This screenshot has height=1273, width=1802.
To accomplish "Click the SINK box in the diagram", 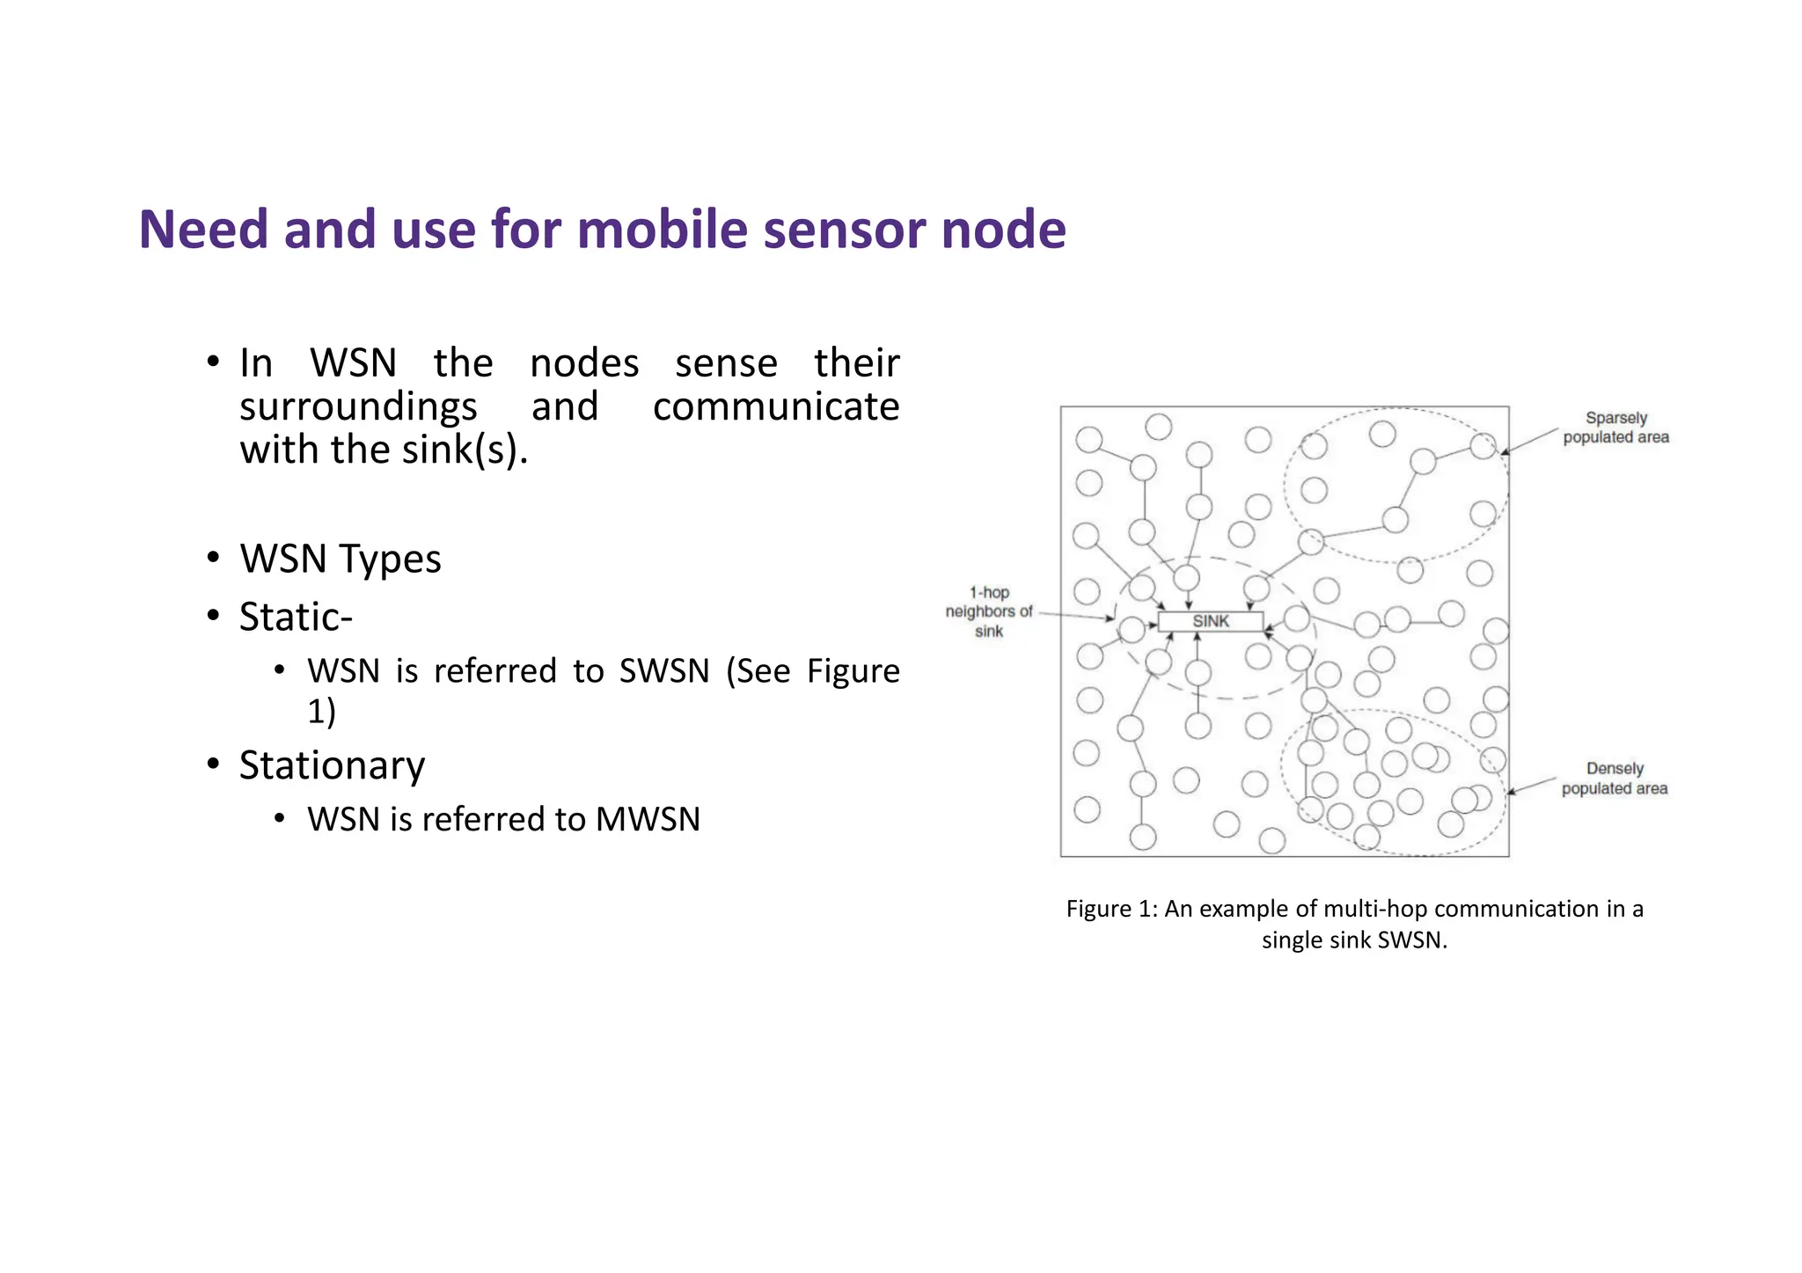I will click(x=1210, y=621).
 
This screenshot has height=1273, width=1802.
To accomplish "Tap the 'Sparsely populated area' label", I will click(x=1615, y=428).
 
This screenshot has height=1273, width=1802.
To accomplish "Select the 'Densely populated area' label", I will click(x=1615, y=779).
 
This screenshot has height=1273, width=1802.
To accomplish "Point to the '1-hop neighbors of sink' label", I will click(x=988, y=611).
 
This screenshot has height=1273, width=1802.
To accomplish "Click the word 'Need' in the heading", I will click(x=203, y=230).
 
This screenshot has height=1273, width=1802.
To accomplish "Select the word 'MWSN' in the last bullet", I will click(x=648, y=819).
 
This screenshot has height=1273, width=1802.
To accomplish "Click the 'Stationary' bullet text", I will click(x=332, y=765).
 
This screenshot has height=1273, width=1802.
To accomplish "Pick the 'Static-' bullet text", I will click(x=296, y=617).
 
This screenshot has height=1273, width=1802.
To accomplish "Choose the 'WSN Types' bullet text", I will click(x=340, y=560).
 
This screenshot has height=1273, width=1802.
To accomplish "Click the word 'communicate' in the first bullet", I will click(x=776, y=407).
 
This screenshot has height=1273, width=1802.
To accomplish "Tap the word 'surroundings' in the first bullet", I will click(x=358, y=407).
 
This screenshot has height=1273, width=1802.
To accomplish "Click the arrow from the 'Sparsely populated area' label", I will click(x=1531, y=441).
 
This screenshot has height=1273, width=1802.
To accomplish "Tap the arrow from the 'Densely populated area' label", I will click(x=1533, y=785).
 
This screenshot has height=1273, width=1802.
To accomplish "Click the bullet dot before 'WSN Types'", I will click(x=213, y=559).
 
